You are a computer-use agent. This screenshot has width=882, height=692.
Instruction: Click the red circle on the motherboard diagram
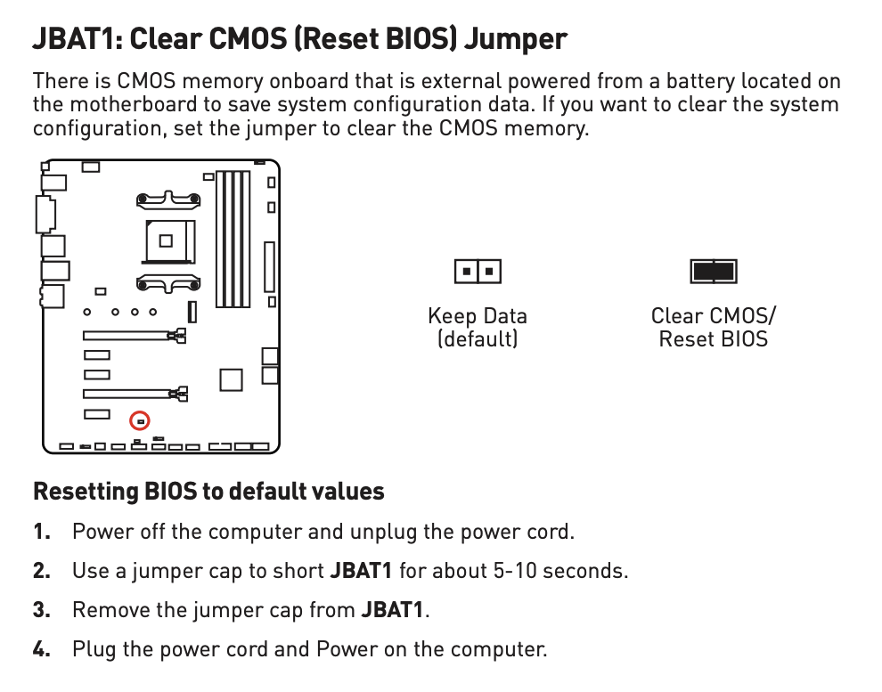[x=141, y=420]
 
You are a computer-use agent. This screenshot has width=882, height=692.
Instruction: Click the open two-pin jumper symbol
[x=478, y=271]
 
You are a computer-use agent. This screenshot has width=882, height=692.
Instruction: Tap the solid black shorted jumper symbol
[x=713, y=271]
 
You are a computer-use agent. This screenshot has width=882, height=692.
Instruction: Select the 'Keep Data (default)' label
[x=478, y=327]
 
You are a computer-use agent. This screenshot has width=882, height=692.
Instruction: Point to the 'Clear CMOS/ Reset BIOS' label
[x=713, y=327]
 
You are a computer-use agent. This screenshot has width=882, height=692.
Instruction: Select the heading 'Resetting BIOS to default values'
[x=208, y=492]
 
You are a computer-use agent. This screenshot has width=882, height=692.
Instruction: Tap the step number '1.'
[x=42, y=533]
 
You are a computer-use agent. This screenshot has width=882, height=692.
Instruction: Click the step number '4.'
[x=42, y=649]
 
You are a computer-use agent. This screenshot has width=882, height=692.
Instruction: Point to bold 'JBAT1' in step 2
[x=361, y=571]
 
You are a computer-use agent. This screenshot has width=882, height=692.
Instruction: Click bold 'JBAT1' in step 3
[x=393, y=610]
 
